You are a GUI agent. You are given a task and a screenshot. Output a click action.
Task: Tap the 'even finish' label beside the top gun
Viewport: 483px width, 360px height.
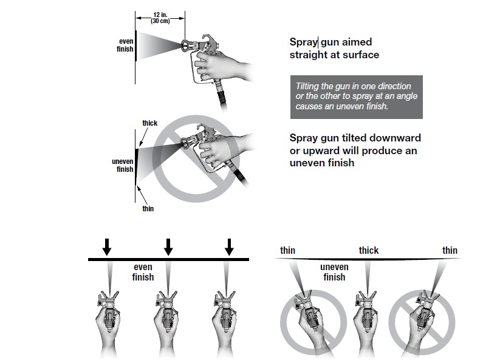pos(125,45)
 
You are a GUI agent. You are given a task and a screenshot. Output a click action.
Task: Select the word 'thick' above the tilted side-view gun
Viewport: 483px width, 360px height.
pos(149,123)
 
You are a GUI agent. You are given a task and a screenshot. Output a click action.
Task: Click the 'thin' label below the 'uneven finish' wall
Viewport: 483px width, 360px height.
pos(148,209)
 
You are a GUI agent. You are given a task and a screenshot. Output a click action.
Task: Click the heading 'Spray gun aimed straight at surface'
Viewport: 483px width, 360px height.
pos(334,49)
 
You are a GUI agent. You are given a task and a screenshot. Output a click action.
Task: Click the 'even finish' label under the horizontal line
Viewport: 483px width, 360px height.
pos(143,272)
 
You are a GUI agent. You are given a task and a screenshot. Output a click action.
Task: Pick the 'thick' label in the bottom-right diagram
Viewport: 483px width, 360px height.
pos(368,250)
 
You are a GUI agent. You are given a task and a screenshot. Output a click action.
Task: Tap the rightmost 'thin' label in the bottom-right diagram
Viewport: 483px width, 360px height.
pos(450,250)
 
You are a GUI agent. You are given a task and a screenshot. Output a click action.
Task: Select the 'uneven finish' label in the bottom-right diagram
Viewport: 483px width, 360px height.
pos(334,272)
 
